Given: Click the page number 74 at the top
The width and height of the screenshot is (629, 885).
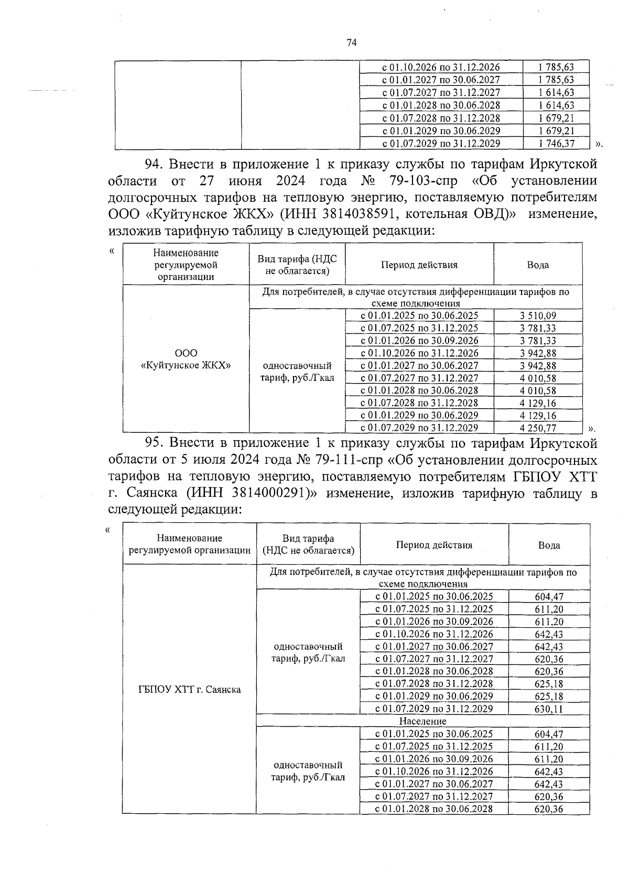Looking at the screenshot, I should click(352, 43).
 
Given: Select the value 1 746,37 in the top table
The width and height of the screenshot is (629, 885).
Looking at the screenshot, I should click(556, 144).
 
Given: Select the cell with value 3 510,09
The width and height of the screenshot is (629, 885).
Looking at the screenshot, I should click(538, 315).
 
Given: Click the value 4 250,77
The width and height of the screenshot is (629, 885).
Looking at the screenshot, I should click(538, 428).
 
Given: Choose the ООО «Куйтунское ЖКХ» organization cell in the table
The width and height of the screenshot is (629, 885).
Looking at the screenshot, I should click(186, 359).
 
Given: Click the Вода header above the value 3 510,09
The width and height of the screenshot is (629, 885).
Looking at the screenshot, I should click(538, 265).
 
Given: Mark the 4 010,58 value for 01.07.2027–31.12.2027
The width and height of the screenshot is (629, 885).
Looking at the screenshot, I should click(538, 378).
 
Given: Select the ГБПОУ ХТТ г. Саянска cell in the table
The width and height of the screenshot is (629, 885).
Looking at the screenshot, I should click(189, 690).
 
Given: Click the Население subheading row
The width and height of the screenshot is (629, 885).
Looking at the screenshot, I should click(422, 722).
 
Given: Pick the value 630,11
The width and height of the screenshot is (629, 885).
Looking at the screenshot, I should click(549, 709).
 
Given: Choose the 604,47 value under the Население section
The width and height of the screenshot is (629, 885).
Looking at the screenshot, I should click(549, 734).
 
